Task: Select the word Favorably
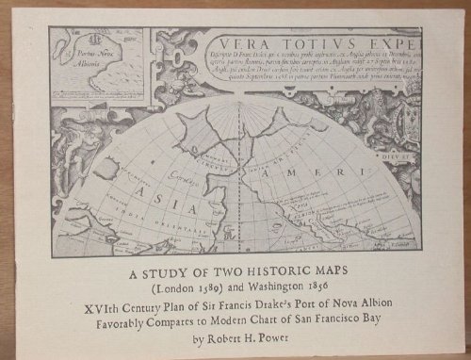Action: point(122,320)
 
